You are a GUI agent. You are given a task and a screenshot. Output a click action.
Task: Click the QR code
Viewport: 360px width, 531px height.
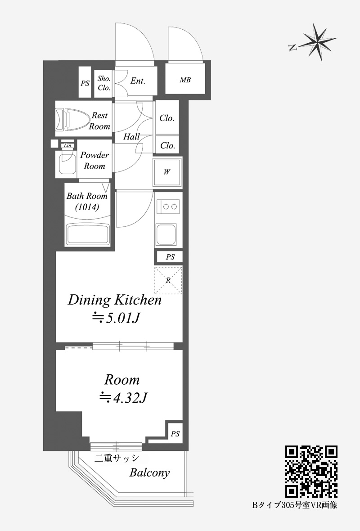(x=311, y=471)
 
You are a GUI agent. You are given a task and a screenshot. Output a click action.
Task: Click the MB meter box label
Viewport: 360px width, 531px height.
(x=185, y=80)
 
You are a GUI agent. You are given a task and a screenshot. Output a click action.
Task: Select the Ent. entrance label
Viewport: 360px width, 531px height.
(x=138, y=81)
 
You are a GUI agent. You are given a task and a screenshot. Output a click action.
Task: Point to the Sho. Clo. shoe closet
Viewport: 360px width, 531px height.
(x=104, y=83)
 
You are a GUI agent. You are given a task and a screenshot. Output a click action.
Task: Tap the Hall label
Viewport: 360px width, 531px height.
(x=131, y=136)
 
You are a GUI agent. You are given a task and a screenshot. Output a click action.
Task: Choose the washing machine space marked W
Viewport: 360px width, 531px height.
(x=167, y=172)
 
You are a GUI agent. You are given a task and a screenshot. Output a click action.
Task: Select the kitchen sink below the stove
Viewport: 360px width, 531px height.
(x=166, y=234)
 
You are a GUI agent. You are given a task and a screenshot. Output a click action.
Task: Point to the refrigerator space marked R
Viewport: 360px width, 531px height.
(x=168, y=280)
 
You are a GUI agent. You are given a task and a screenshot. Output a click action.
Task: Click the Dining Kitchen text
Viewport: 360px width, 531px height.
(x=115, y=301)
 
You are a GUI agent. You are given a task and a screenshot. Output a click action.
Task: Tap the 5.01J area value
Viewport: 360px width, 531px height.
(x=117, y=318)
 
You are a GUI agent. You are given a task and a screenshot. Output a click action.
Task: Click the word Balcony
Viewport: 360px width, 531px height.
(x=149, y=473)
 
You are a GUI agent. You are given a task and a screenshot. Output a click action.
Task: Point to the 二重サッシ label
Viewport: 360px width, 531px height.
(x=117, y=458)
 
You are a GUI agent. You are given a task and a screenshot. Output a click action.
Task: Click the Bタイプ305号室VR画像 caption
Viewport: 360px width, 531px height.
(x=294, y=505)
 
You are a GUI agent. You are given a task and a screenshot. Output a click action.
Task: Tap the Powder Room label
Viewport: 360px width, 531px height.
(x=94, y=161)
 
